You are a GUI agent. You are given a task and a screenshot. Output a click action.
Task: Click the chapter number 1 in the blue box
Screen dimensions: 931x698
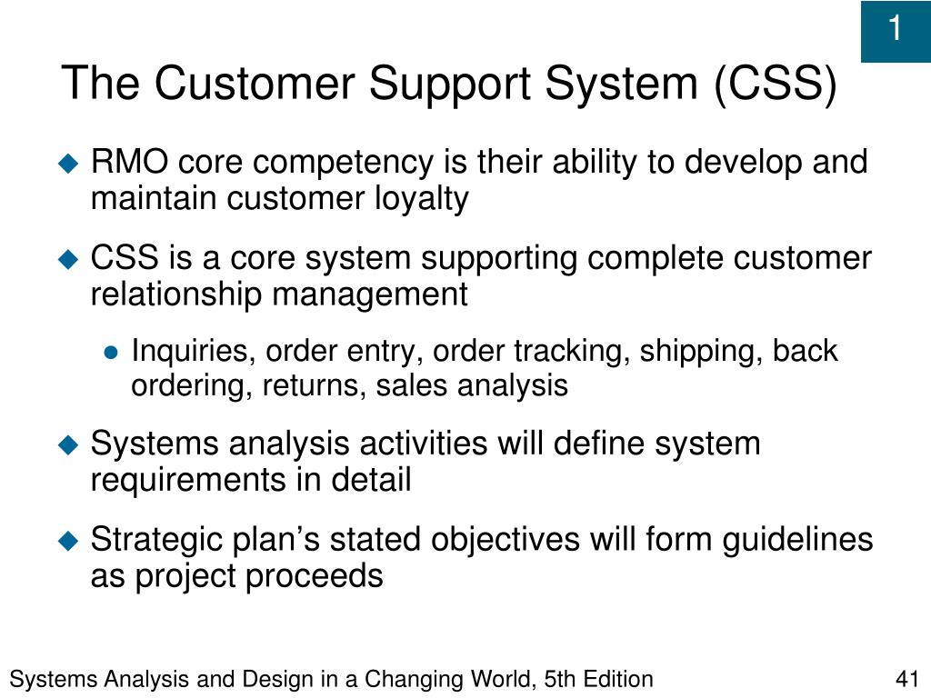tap(895, 30)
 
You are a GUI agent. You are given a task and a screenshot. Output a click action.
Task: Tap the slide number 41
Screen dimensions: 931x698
tap(907, 679)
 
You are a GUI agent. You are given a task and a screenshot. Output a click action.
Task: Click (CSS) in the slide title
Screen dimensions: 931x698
tap(775, 85)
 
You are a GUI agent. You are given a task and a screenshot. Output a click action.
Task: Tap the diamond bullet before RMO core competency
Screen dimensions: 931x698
tap(69, 164)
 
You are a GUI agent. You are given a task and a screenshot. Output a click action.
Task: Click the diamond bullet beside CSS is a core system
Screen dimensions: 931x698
tap(69, 260)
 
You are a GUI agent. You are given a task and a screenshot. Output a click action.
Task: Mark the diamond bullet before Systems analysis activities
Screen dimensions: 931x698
tap(69, 445)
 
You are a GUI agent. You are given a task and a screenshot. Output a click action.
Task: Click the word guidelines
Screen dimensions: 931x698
tap(798, 540)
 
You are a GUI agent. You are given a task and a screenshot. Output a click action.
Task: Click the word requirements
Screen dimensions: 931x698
tap(185, 479)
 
